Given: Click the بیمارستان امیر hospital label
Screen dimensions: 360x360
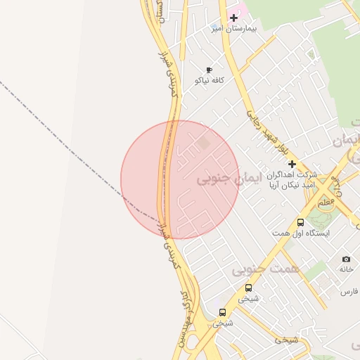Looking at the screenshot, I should pos(236,29).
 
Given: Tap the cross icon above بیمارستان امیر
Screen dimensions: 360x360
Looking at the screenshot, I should pos(233,18).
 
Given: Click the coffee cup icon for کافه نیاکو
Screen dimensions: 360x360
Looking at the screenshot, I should pos(209,70).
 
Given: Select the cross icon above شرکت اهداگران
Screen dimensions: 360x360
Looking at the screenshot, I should pos(292,164).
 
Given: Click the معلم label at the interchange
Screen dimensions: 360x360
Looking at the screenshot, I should pos(325,202).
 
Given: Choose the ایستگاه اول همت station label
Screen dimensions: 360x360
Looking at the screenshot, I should pos(302,232).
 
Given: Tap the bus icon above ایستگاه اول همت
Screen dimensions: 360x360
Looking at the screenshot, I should pos(301,221).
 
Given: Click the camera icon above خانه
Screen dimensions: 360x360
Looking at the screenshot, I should pos(345,259).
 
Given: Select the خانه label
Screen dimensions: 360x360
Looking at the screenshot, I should pos(345,269).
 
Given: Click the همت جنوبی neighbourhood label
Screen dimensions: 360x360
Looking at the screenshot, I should pos(265,269).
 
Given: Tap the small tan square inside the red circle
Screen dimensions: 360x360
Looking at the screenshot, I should pos(204,143).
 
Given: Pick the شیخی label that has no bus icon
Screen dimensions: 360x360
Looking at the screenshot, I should pos(287,340).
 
